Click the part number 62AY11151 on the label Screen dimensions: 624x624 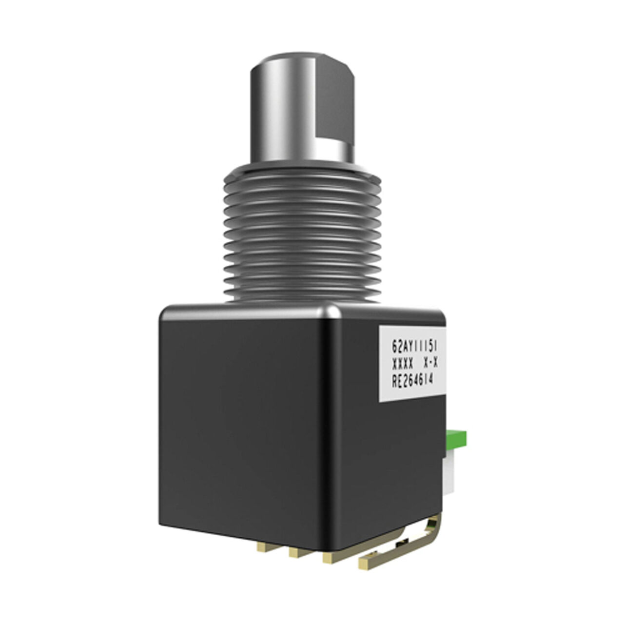coord(413,347)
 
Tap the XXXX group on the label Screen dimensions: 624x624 coord(403,364)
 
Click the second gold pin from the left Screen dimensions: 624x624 coord(294,553)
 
